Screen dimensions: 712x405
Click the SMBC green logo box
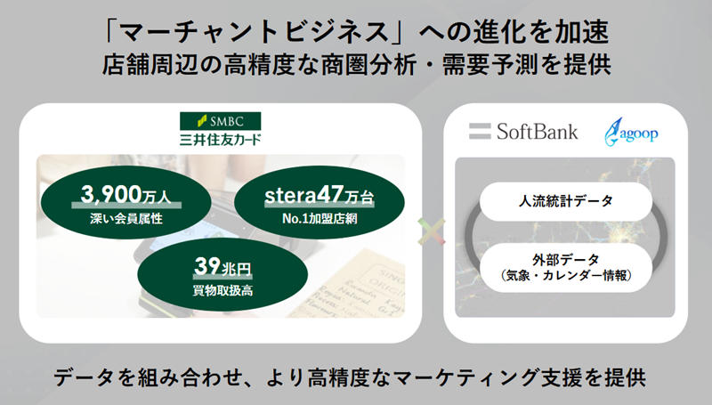click(220, 121)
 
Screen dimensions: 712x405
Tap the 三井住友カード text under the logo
click(220, 139)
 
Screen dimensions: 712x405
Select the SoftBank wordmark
click(538, 132)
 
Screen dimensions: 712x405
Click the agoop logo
click(631, 132)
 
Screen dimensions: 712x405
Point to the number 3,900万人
click(126, 195)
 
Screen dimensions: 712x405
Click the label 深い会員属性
click(126, 219)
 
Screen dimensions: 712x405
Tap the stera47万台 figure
click(320, 195)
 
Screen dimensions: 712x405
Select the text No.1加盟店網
click(320, 219)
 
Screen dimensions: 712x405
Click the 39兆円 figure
click(222, 266)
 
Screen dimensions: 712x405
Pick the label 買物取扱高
click(222, 290)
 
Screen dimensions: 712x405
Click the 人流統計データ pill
click(566, 201)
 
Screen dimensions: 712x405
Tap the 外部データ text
click(566, 260)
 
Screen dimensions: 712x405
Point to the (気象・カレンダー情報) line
click(566, 276)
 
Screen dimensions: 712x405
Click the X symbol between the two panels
click(432, 231)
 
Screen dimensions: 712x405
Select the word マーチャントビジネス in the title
click(255, 33)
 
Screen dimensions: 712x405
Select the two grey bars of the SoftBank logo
click(480, 131)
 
